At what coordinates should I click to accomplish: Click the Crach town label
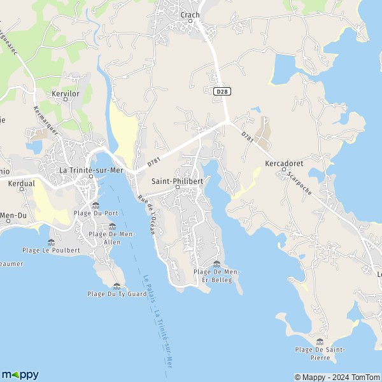pyautogui.click(x=190, y=15)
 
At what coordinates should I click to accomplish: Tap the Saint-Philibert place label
pyautogui.click(x=177, y=181)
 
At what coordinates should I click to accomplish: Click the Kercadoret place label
pyautogui.click(x=283, y=164)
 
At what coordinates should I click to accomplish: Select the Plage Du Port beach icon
pyautogui.click(x=95, y=205)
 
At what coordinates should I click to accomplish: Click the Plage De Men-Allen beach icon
pyautogui.click(x=112, y=226)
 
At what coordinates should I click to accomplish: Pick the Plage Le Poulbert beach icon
pyautogui.click(x=52, y=242)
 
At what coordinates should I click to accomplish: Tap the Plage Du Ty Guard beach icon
pyautogui.click(x=117, y=286)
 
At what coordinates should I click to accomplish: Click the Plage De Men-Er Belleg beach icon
pyautogui.click(x=216, y=264)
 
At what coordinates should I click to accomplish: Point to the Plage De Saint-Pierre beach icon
pyautogui.click(x=320, y=341)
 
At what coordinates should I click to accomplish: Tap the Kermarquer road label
pyautogui.click(x=45, y=119)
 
